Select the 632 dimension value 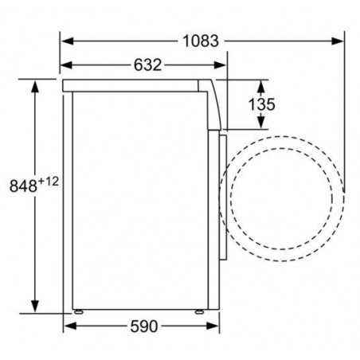tap(144, 65)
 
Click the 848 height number tap(22, 186)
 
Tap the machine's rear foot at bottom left tap(78, 310)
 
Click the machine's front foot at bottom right tap(209, 310)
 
